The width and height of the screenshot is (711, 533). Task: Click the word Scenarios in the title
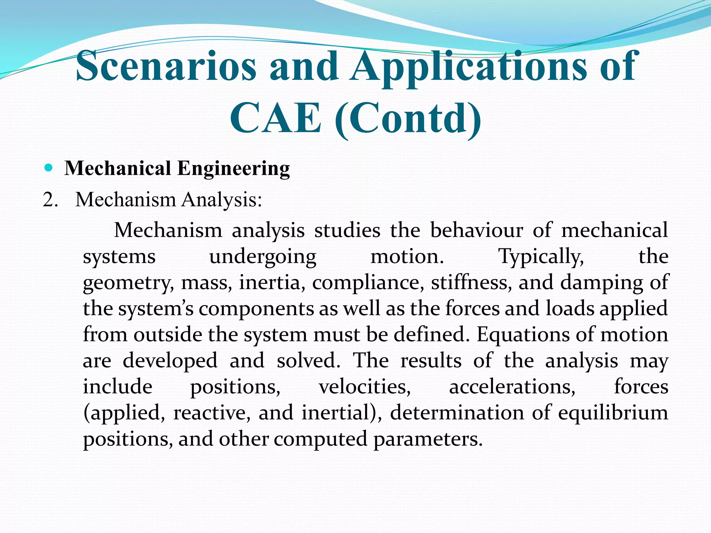pos(166,66)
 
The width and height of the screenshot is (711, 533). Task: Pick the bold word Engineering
pos(233,169)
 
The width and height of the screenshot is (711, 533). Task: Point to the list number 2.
pos(50,200)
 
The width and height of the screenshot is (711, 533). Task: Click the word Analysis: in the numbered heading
pos(222,200)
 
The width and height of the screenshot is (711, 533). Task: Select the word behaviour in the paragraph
pos(476,230)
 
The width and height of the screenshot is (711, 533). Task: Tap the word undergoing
pos(263,257)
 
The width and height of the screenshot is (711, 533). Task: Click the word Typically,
pos(541,257)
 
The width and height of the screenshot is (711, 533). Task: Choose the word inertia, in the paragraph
pos(273,282)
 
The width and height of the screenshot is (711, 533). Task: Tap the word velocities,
pos(365,387)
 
